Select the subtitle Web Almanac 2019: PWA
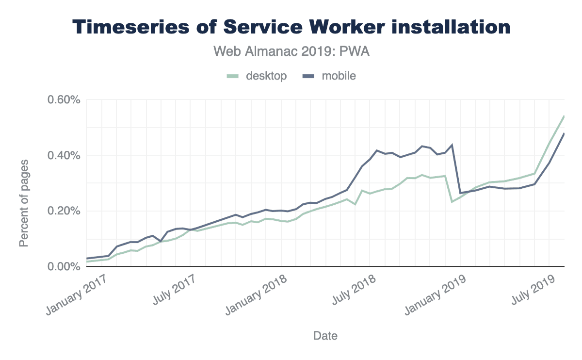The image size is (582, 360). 291,51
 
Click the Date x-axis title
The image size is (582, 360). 325,335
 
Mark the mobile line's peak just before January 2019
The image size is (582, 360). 452,145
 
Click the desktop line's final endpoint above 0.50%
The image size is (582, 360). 564,116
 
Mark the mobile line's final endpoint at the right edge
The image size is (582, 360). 564,133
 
